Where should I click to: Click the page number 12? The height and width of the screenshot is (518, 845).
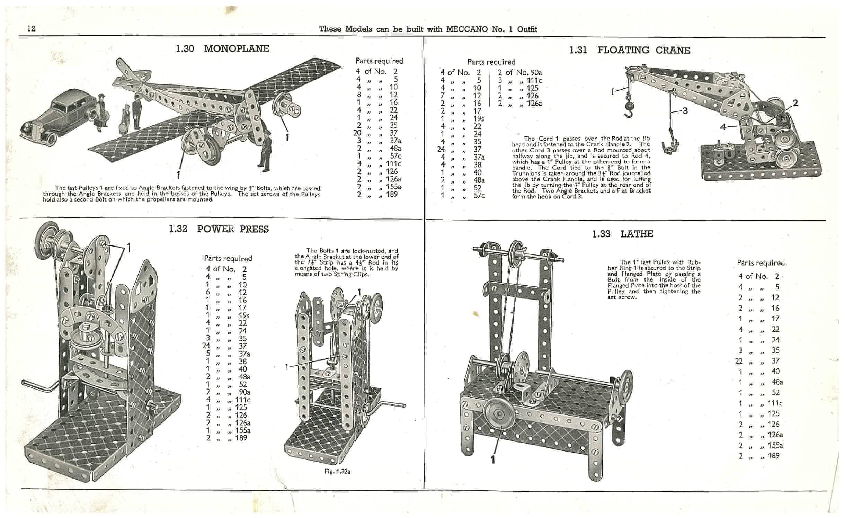tap(31, 28)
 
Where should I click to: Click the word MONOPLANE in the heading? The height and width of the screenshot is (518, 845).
tap(237, 48)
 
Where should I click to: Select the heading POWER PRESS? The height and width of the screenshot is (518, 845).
tap(233, 229)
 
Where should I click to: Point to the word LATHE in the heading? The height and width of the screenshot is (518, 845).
tap(637, 234)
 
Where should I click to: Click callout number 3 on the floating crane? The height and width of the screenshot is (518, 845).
tap(685, 111)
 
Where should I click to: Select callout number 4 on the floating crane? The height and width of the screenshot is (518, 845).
tap(723, 127)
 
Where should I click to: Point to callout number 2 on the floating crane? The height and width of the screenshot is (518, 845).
tap(796, 103)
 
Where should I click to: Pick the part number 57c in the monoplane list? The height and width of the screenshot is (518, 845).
tap(395, 156)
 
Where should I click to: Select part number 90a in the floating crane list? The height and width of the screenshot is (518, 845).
tap(534, 73)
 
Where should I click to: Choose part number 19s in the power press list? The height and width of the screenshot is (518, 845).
tap(244, 315)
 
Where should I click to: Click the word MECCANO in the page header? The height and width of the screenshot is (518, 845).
tap(466, 29)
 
